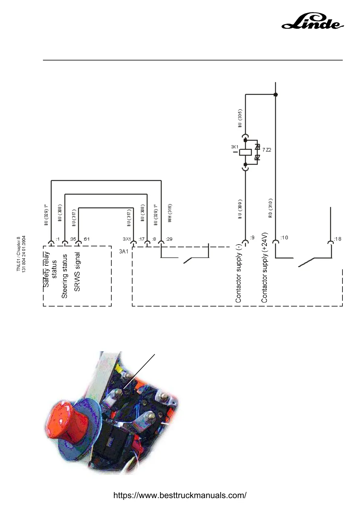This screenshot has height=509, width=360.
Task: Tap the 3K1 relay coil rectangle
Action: [245, 152]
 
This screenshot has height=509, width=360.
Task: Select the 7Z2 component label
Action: [267, 150]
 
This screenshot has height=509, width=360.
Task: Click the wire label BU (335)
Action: [240, 118]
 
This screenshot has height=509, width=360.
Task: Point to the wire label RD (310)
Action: [270, 208]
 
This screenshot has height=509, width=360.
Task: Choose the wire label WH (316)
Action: [170, 213]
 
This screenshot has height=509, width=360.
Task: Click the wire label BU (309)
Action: [240, 209]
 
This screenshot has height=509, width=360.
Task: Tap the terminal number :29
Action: [169, 239]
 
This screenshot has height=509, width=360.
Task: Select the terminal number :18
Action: [337, 239]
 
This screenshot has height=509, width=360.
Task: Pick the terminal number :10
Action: [284, 238]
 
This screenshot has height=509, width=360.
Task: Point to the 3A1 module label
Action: [123, 251]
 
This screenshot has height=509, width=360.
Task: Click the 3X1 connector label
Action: [127, 239]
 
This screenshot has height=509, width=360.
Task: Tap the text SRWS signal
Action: [77, 272]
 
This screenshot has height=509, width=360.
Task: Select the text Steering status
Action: [64, 276]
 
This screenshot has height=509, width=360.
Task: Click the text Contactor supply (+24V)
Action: [264, 267]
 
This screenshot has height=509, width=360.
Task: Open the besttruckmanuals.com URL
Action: [180, 495]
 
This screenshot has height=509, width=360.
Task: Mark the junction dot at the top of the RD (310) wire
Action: [275, 95]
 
